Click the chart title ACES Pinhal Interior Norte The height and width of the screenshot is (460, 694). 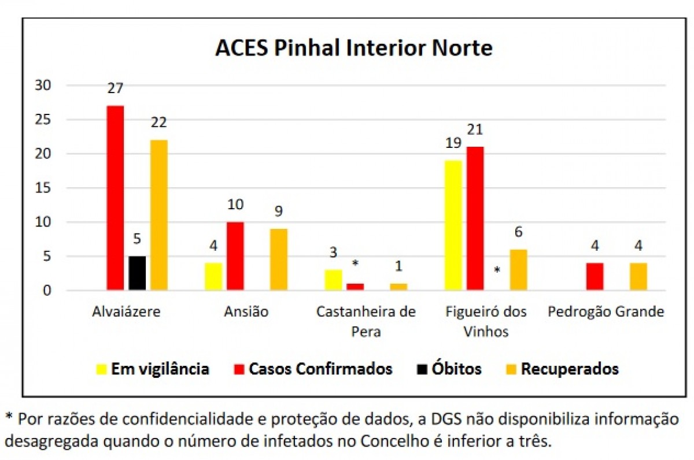click(353, 47)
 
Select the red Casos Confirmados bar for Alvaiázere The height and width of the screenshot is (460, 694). click(115, 198)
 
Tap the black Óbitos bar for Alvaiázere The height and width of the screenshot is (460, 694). click(137, 273)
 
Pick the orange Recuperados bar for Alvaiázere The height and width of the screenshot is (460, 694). click(158, 215)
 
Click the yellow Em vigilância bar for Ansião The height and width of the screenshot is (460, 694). click(213, 276)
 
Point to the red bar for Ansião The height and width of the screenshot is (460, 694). click(235, 256)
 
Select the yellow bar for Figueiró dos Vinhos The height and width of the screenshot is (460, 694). click(453, 225)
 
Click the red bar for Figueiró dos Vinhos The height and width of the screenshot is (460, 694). click(475, 218)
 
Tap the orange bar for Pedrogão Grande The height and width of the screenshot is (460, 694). click(638, 276)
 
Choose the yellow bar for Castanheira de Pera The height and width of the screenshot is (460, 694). click(333, 280)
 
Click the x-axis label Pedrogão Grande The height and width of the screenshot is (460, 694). click(606, 312)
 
